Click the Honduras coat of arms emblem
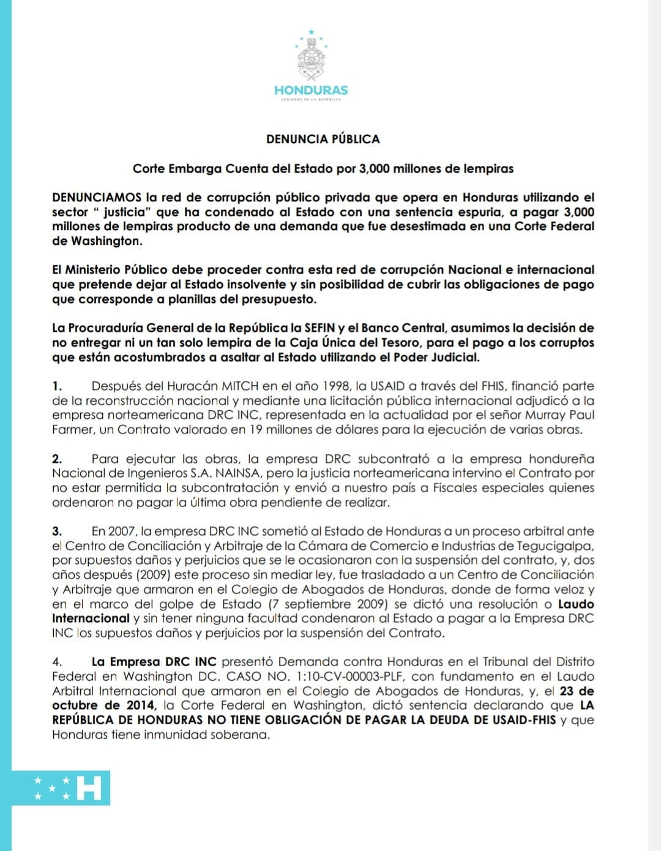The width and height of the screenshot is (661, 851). click(311, 59)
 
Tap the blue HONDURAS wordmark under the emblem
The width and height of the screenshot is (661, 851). click(311, 91)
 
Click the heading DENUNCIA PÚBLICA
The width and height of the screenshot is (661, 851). click(323, 139)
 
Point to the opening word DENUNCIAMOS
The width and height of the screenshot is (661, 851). click(97, 197)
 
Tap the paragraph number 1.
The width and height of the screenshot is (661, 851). click(57, 386)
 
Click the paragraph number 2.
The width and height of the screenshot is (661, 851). click(57, 459)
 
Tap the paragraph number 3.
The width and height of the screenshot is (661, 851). click(57, 531)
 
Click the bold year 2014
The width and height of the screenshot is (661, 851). click(141, 705)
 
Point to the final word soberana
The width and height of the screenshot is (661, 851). click(241, 734)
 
